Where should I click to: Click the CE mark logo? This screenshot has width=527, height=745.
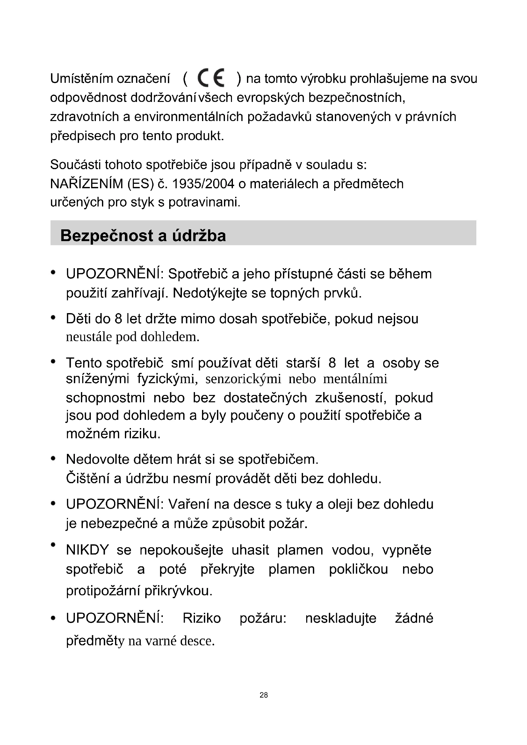(x=211, y=78)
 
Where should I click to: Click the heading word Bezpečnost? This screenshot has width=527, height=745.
(x=106, y=236)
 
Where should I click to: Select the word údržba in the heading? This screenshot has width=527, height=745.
(x=199, y=236)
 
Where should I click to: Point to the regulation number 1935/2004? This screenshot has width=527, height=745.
(x=203, y=184)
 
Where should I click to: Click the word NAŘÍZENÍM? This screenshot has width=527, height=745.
(x=87, y=184)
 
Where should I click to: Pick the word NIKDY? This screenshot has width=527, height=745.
(x=87, y=550)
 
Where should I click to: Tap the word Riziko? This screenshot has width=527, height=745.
(x=201, y=618)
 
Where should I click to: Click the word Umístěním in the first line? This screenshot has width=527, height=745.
(x=82, y=79)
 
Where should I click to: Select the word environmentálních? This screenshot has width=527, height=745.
(x=189, y=117)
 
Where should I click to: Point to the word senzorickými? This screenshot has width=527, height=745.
(x=243, y=379)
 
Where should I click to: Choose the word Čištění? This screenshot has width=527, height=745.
(x=87, y=478)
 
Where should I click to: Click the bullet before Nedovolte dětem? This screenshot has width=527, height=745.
(x=54, y=459)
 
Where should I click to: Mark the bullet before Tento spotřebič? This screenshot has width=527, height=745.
(x=54, y=362)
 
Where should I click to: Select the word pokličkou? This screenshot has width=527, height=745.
(x=358, y=569)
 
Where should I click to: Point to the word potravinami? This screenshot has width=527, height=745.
(x=204, y=202)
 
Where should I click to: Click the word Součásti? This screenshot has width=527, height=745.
(x=75, y=165)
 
